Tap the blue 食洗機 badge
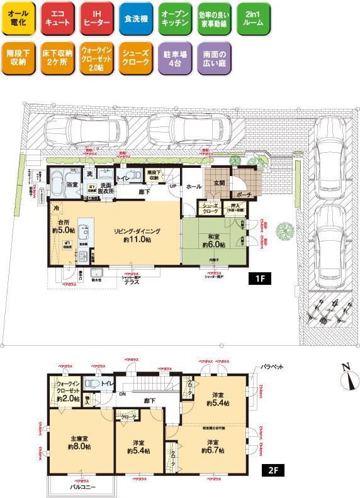coord(134,18)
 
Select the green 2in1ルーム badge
coord(251,18)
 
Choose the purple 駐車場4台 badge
coord(173,58)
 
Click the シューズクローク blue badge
coord(134,58)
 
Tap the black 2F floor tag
coord(272,469)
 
